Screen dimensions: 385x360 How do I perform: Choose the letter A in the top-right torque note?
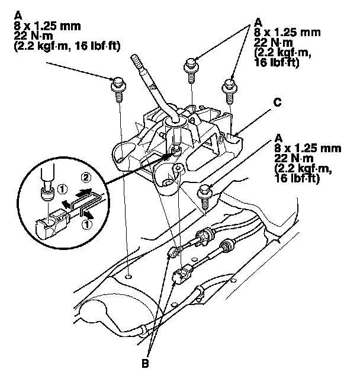pos(258,21)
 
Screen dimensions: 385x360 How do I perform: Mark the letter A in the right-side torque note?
pos(278,134)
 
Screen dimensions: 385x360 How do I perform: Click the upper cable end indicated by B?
pos(175,253)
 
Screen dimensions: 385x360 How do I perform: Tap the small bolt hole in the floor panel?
pos(129,277)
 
